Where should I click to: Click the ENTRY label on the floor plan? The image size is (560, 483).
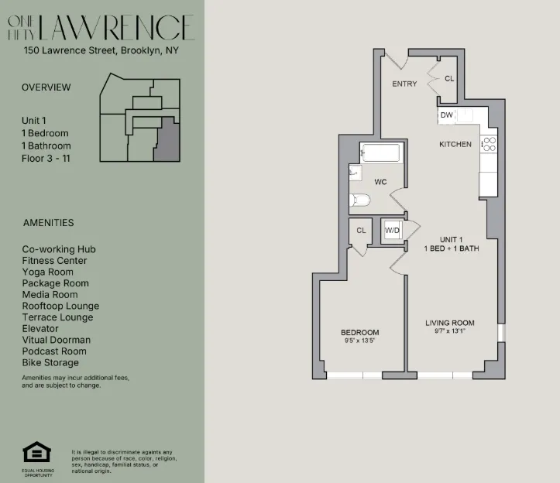(404, 84)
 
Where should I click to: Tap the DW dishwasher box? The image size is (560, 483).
(446, 115)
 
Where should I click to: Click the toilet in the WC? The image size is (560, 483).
(359, 201)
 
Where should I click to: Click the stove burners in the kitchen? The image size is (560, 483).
(489, 143)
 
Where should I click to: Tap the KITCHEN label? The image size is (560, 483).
(455, 145)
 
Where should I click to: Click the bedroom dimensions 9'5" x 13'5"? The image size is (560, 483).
(359, 341)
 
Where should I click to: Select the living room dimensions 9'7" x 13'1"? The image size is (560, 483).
(449, 331)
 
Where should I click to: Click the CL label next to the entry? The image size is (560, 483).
(450, 78)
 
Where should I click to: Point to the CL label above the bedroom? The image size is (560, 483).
(361, 230)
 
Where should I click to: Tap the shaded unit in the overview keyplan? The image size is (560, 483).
(166, 142)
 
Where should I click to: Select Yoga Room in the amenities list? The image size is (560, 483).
(47, 272)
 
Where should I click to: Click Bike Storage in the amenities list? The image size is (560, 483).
(50, 362)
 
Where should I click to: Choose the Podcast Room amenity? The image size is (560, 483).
(53, 351)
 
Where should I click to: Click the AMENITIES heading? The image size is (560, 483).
(48, 223)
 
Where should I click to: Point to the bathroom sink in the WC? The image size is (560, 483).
(354, 173)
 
